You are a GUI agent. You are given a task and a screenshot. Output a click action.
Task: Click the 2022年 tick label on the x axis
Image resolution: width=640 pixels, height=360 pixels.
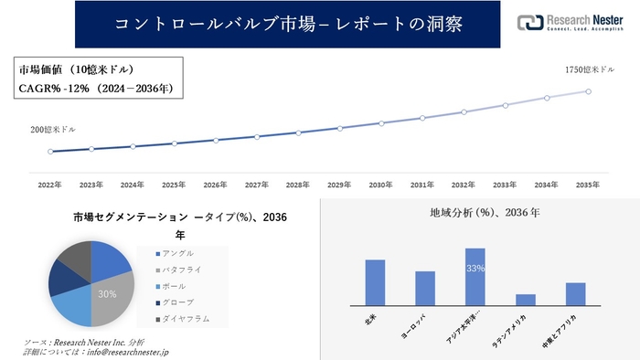click(x=50, y=185)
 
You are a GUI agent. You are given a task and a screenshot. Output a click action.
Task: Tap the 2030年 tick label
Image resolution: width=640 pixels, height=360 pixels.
click(x=381, y=185)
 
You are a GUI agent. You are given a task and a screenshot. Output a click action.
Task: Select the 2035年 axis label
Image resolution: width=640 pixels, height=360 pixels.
click(x=588, y=185)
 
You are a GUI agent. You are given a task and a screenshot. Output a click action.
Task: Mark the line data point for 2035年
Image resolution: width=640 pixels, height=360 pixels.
click(x=588, y=91)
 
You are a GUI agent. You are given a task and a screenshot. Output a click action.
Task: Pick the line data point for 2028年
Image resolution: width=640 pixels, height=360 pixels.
click(x=299, y=132)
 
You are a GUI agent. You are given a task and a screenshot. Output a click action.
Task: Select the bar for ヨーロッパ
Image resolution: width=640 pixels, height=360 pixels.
click(x=425, y=288)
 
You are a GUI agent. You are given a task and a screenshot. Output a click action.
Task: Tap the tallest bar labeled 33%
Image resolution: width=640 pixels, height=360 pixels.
click(x=475, y=276)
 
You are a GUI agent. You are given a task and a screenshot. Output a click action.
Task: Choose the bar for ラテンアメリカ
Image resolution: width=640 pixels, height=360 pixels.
click(x=525, y=299)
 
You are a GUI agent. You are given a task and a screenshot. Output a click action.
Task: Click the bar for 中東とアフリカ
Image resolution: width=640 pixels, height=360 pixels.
click(x=575, y=293)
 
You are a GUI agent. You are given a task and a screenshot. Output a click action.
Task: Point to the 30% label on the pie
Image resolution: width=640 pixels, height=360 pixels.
click(x=107, y=293)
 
